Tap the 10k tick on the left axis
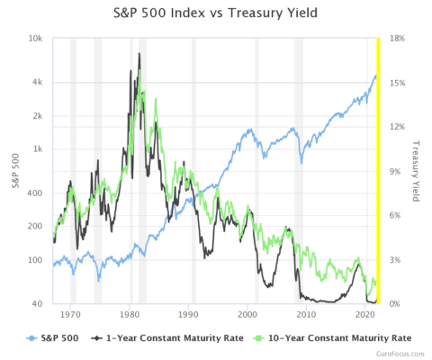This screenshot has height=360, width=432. [x=36, y=39]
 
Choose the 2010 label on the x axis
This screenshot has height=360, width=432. [x=307, y=316]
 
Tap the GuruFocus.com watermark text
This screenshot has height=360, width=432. [x=403, y=354]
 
